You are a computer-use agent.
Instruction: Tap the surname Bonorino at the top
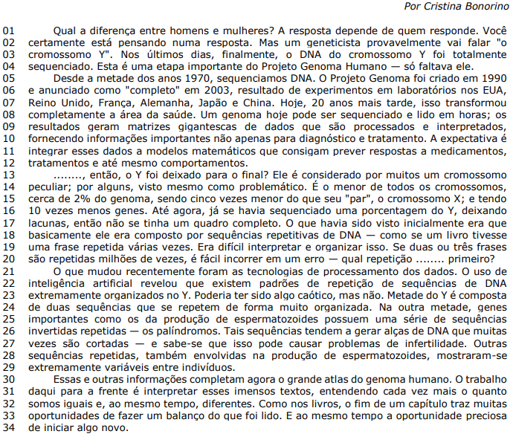point(483,7)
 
